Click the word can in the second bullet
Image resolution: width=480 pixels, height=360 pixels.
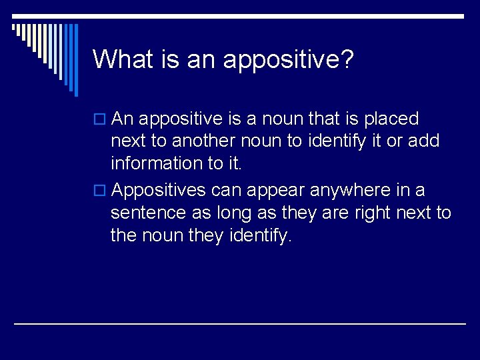coord(227,191)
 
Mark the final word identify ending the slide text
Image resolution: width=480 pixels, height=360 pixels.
coord(263,235)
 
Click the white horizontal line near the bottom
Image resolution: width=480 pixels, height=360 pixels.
coord(240,323)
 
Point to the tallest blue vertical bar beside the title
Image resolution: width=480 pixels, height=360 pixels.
coord(75,60)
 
